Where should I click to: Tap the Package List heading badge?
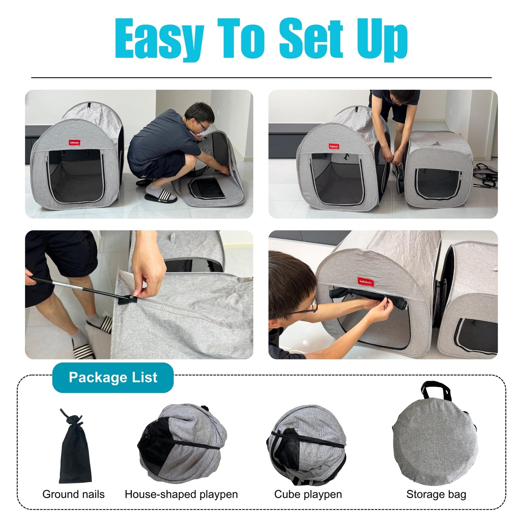[x=113, y=378]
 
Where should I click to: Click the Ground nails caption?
[x=73, y=494]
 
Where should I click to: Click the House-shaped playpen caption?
[x=181, y=494]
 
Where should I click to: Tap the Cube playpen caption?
[x=308, y=494]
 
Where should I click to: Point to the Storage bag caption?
[x=436, y=494]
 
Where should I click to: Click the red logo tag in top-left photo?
[x=75, y=143]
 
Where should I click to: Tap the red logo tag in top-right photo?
[x=334, y=146]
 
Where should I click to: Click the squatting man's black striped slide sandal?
[x=160, y=198]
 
